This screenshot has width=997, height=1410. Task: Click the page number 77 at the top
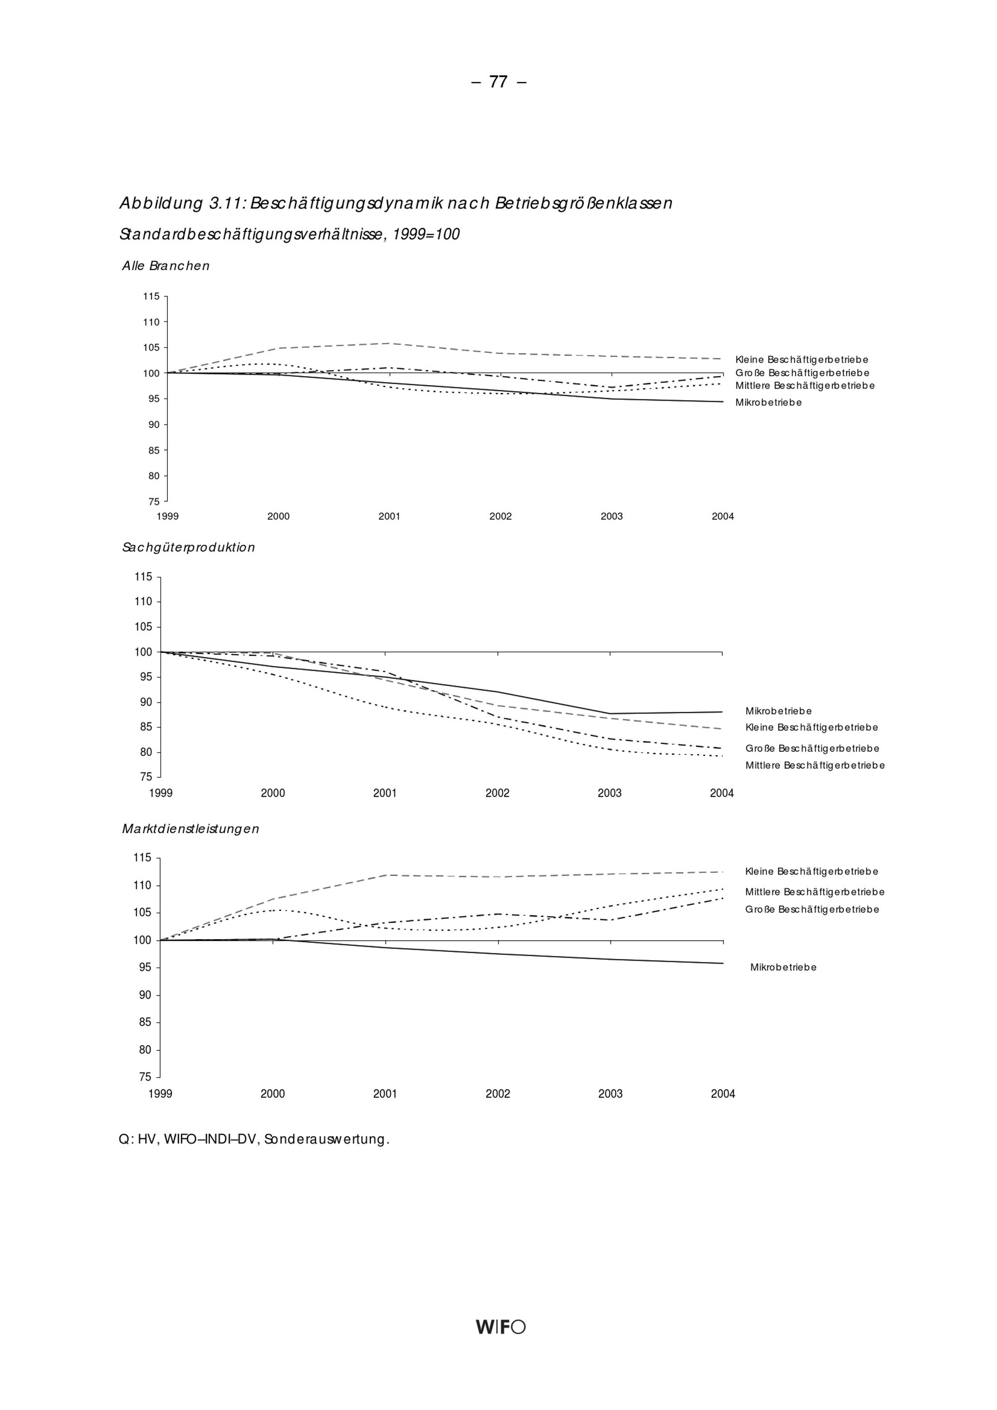coord(498,82)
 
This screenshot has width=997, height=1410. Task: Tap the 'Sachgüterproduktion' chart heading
coord(188,547)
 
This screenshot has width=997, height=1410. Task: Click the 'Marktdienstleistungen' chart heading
coord(190,829)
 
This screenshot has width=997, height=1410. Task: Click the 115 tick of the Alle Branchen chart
coord(151,296)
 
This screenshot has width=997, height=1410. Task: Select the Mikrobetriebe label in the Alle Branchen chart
coord(769,403)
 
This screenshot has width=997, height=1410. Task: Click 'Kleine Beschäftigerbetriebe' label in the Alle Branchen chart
coord(802,360)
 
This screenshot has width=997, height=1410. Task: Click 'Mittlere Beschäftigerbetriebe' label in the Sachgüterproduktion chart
coord(815,766)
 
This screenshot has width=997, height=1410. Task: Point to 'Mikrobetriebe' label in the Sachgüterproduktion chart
coord(778,711)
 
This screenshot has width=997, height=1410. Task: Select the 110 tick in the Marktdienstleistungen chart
coord(143,885)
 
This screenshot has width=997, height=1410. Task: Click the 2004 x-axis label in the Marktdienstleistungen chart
coord(723,1094)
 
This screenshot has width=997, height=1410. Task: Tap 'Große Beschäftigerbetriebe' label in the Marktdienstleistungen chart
coord(812,909)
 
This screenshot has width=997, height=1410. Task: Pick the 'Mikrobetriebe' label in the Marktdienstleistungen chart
coord(783,967)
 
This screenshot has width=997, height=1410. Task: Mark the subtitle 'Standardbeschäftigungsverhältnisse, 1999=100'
coord(289,235)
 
